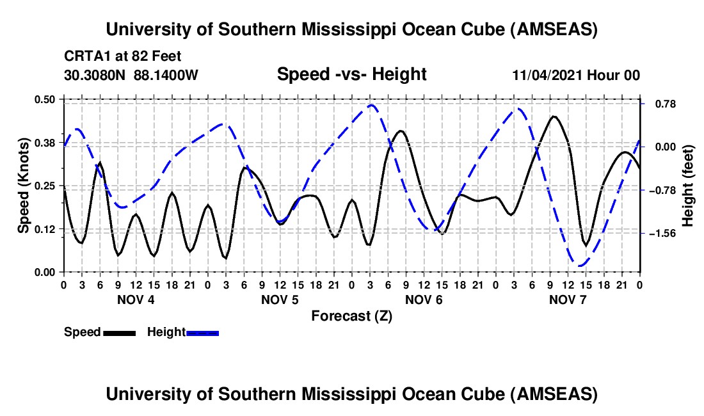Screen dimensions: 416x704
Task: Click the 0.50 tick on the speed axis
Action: (47, 99)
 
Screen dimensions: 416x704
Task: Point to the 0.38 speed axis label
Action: (47, 143)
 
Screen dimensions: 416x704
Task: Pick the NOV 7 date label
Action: (568, 300)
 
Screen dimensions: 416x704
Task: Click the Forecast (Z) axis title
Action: (351, 316)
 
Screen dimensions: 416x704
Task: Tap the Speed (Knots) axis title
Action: (24, 186)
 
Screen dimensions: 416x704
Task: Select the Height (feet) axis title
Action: (688, 186)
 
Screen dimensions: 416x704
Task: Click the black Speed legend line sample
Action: (120, 333)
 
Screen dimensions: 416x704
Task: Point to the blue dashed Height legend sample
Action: (203, 333)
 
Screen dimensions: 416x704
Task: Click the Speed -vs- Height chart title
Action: (351, 75)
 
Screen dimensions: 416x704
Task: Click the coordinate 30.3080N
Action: (96, 76)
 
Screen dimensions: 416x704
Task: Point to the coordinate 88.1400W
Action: (166, 76)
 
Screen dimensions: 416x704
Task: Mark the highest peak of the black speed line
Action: (554, 116)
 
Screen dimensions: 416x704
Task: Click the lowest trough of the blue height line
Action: (579, 265)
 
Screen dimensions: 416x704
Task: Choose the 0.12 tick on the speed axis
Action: (47, 229)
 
